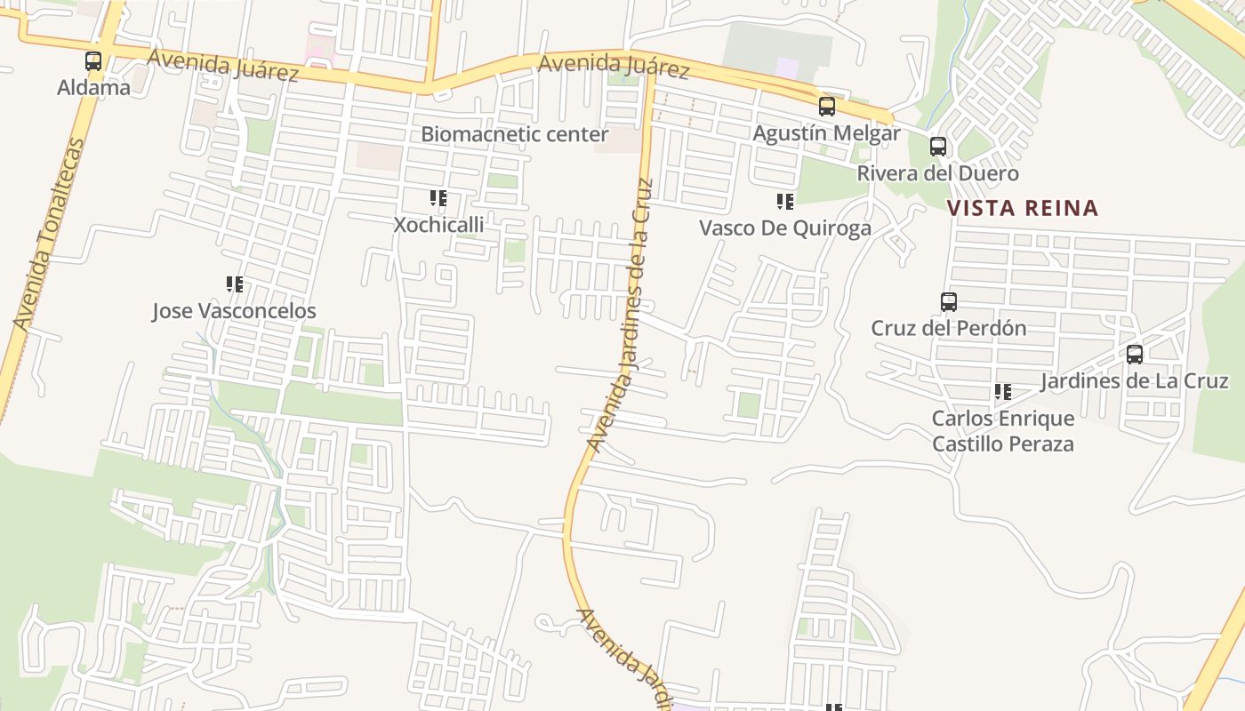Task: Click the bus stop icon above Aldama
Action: click(93, 61)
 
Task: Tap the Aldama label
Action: click(93, 87)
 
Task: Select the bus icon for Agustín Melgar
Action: click(827, 108)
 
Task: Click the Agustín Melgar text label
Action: click(826, 133)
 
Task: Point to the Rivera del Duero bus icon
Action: click(938, 147)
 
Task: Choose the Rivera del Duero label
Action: click(937, 173)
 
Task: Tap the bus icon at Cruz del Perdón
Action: click(949, 302)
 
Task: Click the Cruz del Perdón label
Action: click(949, 328)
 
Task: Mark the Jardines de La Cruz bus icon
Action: click(1135, 355)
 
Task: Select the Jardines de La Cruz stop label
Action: click(1135, 381)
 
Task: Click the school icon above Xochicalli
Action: click(438, 198)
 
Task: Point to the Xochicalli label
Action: click(439, 225)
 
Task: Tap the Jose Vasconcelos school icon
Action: click(235, 284)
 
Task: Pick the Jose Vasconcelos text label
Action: click(234, 311)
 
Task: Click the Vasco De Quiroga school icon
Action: click(785, 202)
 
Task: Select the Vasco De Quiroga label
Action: click(785, 228)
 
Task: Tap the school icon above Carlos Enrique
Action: click(1003, 392)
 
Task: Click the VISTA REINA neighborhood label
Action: click(1023, 209)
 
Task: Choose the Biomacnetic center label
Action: click(515, 134)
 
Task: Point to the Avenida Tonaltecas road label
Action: click(50, 236)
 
